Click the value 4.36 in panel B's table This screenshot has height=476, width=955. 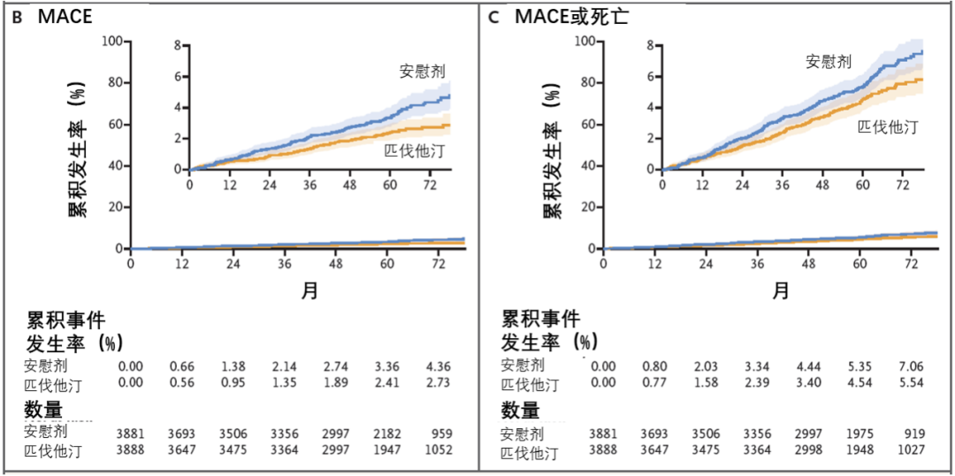tap(439, 365)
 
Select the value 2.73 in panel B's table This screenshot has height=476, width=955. tap(439, 383)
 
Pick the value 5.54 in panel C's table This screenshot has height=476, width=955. tap(910, 384)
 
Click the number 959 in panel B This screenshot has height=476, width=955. tap(441, 434)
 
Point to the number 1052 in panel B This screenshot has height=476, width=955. tap(439, 449)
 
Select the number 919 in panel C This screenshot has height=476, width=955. tap(913, 434)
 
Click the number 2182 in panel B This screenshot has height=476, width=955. tap(387, 434)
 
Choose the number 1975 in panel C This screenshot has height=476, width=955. tap(859, 434)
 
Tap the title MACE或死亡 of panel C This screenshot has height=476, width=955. tap(571, 16)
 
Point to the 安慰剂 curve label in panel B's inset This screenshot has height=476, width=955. tap(420, 71)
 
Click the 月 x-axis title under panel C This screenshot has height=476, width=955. tap(780, 290)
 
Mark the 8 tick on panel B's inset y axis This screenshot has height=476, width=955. tap(178, 45)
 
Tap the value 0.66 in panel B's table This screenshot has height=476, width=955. tap(182, 365)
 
